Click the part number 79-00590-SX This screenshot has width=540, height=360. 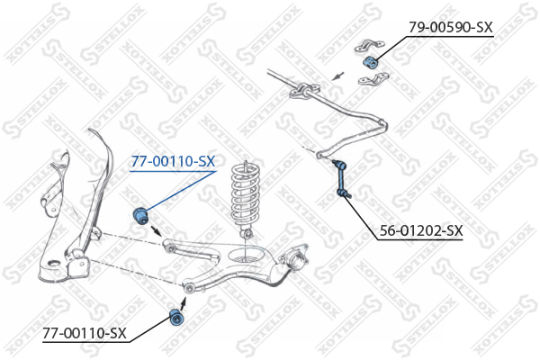coord(451,27)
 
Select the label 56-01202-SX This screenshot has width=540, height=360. coord(421,230)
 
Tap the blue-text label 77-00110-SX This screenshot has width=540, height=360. coord(173,161)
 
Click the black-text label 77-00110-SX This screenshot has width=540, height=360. coord(85,333)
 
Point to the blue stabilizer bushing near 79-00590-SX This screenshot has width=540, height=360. coord(370,61)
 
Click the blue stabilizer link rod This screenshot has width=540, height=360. coord(341,178)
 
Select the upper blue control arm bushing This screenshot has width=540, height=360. coord(140,215)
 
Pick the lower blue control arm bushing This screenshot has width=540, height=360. coord(177,318)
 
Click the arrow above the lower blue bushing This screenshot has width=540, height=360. coord(184,302)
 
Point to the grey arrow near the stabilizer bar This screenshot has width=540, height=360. coord(337,76)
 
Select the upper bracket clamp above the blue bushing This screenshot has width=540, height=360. coord(370,46)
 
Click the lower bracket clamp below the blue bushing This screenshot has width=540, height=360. coord(373,79)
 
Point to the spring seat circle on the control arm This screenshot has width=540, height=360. coord(245,255)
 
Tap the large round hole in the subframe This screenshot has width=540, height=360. coord(54,265)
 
